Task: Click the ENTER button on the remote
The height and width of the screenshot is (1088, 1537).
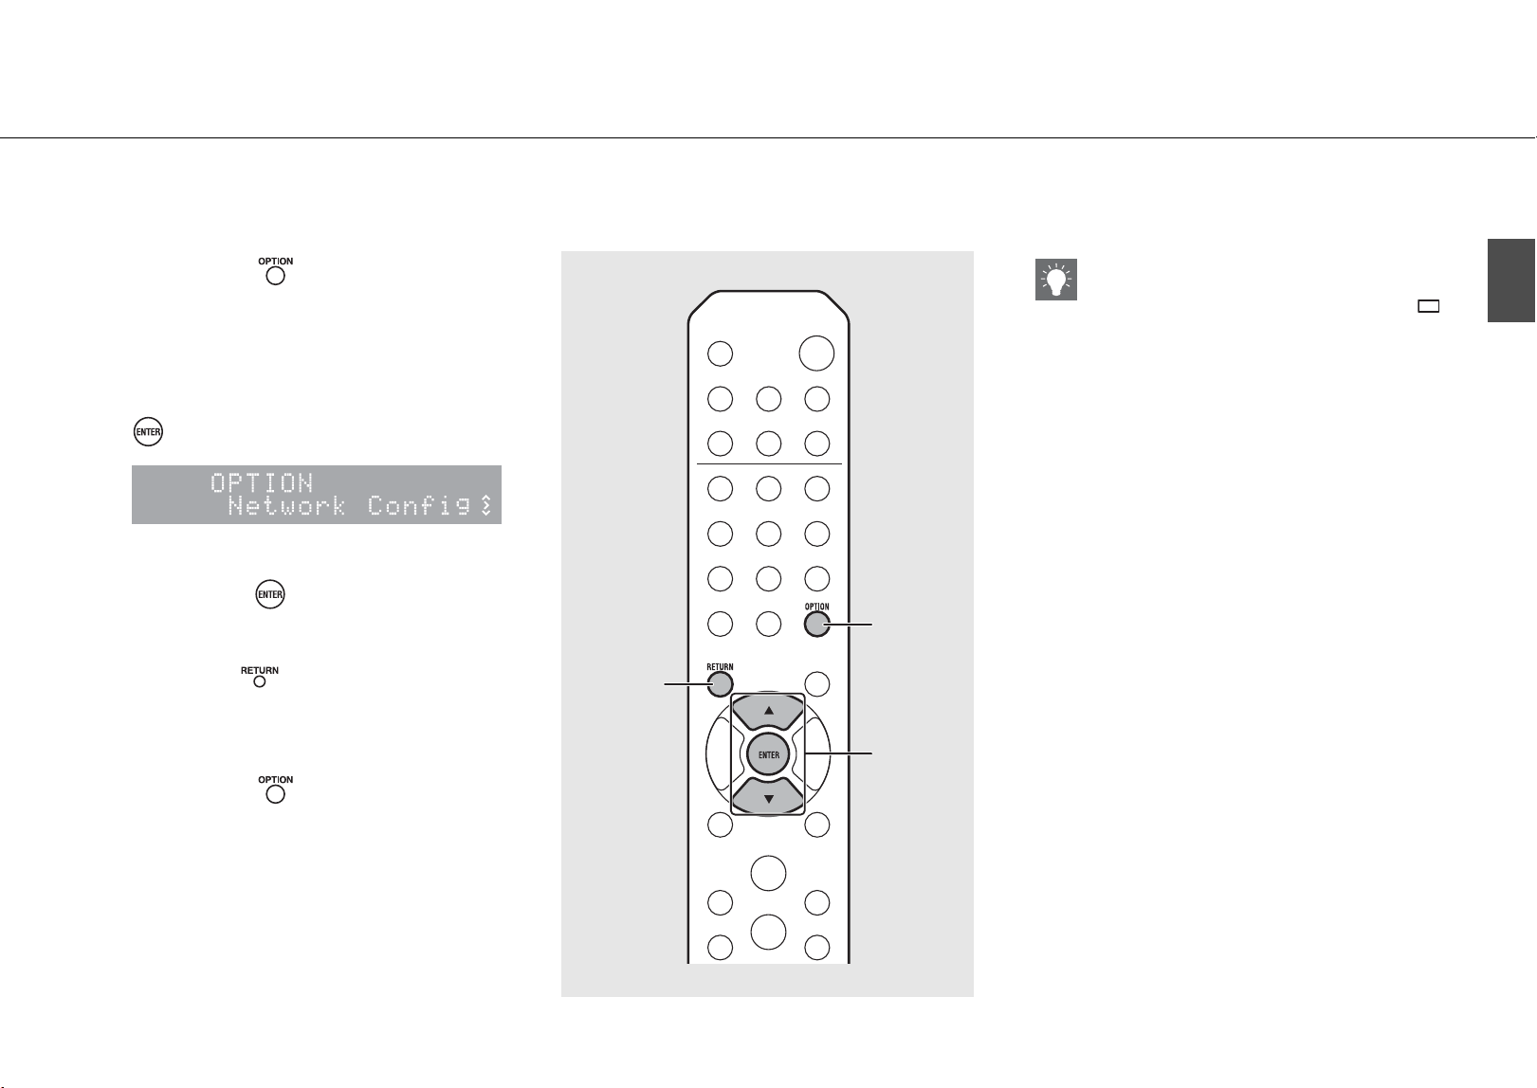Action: point(768,754)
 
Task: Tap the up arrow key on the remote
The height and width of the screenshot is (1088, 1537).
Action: point(768,712)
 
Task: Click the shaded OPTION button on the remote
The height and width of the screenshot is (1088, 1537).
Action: point(816,625)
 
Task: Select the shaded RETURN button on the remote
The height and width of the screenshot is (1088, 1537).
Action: point(720,684)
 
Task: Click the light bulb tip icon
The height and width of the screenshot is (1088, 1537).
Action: point(1056,280)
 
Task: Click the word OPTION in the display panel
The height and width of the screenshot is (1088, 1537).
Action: point(262,483)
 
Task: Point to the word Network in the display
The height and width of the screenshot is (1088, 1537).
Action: point(286,506)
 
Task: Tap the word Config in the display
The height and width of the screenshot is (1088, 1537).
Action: point(419,506)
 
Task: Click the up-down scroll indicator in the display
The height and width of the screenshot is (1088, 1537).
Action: point(486,505)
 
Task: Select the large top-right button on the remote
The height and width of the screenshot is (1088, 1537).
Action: point(816,354)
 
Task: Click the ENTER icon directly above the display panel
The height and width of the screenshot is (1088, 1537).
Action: point(148,431)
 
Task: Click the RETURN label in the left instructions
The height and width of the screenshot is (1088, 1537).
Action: point(260,670)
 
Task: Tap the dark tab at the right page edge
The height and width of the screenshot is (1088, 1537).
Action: point(1511,280)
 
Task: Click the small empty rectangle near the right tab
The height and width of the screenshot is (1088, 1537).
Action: point(1429,306)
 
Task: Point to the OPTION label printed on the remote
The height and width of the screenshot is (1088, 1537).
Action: point(816,607)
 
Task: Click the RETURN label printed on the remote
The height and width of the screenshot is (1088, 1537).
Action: point(720,667)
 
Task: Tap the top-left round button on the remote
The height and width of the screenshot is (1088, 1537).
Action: point(720,354)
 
